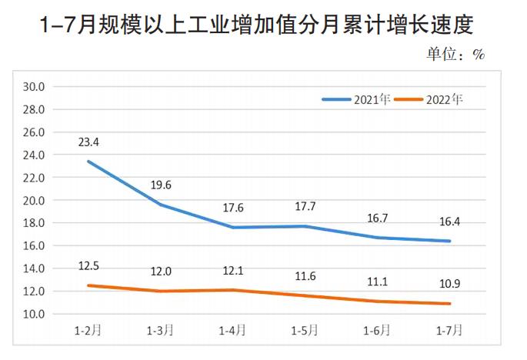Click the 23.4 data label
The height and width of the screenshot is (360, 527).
click(x=88, y=142)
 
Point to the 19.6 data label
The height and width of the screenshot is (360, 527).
click(x=161, y=185)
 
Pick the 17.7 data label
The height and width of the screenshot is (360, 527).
click(x=305, y=206)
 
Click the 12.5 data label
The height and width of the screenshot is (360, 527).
click(x=88, y=266)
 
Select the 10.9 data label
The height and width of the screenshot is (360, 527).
click(x=450, y=285)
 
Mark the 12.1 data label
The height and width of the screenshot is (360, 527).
click(x=233, y=271)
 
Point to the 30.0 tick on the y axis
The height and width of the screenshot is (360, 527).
click(x=35, y=86)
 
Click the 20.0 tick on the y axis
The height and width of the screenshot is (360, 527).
click(x=35, y=200)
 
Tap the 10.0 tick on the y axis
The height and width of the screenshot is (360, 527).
click(x=35, y=314)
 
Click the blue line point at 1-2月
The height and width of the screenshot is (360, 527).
click(x=88, y=162)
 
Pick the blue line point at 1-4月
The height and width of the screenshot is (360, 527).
click(x=233, y=227)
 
